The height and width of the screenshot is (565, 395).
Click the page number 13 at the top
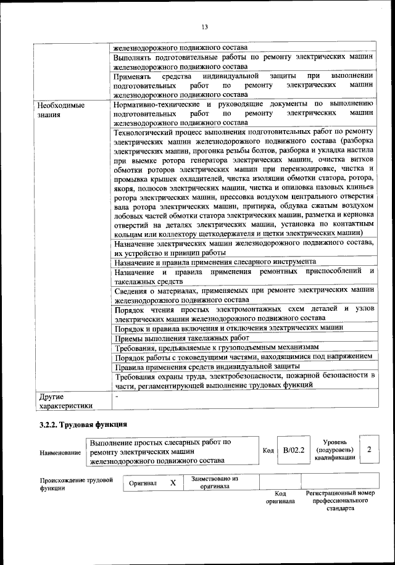[204, 27]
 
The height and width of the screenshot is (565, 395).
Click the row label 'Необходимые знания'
[60, 110]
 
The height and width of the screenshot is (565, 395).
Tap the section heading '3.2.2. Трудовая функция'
[83, 424]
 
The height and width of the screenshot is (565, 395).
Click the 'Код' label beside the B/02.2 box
[268, 451]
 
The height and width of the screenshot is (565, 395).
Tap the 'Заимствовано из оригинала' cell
[215, 482]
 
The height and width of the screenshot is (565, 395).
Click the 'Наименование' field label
[60, 453]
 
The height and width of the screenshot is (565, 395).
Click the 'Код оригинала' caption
[280, 498]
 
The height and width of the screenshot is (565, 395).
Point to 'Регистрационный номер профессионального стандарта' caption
[340, 501]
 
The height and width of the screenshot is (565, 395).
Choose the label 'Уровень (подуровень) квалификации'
[335, 450]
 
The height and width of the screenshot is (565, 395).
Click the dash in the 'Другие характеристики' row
[115, 395]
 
